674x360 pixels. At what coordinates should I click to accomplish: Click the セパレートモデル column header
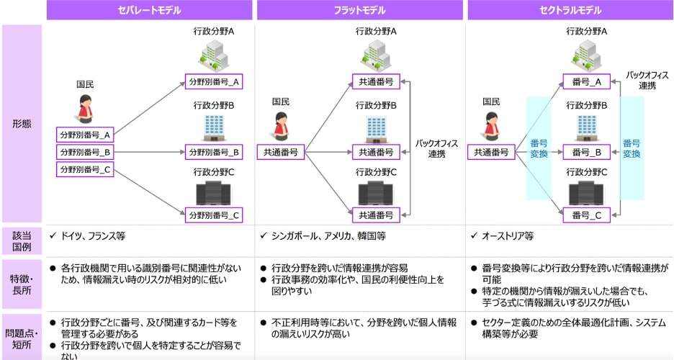pos(149,10)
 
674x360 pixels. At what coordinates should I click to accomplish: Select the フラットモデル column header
pos(359,10)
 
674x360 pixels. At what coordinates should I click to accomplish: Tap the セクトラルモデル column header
pos(570,10)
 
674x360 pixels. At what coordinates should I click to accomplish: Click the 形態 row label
pos(22,123)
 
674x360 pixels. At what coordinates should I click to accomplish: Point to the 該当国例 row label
pos(22,240)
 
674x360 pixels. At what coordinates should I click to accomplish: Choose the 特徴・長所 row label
pos(22,283)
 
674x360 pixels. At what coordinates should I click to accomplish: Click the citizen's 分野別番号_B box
pos(85,152)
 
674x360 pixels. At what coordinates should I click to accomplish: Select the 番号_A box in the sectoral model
pos(587,81)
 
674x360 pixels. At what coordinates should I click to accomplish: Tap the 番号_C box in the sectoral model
pos(587,214)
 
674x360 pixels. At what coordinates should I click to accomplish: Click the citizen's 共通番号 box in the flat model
pos(281,152)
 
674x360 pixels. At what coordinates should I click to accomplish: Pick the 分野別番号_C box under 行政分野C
pos(214,215)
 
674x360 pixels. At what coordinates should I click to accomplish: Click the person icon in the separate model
pos(85,110)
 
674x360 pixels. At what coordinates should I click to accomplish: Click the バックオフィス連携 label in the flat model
pos(434,148)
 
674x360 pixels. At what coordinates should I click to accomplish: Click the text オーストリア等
pos(508,235)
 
